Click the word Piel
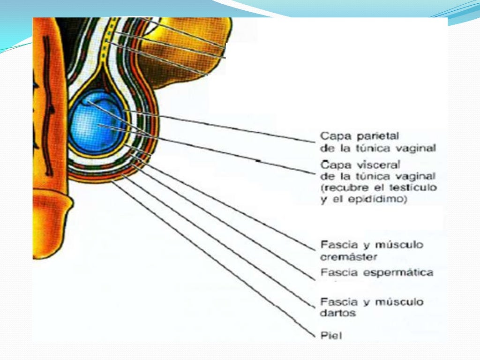point(331,335)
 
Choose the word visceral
point(374,165)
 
